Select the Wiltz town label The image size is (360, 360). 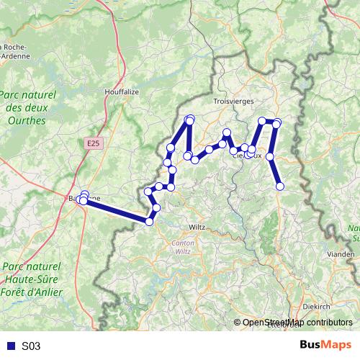pyautogui.click(x=196, y=227)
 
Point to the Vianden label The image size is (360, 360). pyautogui.click(x=341, y=254)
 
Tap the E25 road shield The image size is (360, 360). pyautogui.click(x=91, y=144)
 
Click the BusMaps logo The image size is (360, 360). pyautogui.click(x=325, y=345)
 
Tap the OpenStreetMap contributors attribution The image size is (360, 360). pyautogui.click(x=297, y=323)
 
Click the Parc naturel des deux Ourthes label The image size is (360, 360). pyautogui.click(x=24, y=107)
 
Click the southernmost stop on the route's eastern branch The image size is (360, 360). pyautogui.click(x=280, y=186)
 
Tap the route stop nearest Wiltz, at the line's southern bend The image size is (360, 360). pyautogui.click(x=150, y=221)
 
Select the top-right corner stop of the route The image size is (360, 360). pyautogui.click(x=277, y=122)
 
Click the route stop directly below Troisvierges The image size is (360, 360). pyautogui.click(x=226, y=132)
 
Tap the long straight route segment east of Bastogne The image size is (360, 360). pyautogui.click(x=115, y=211)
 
